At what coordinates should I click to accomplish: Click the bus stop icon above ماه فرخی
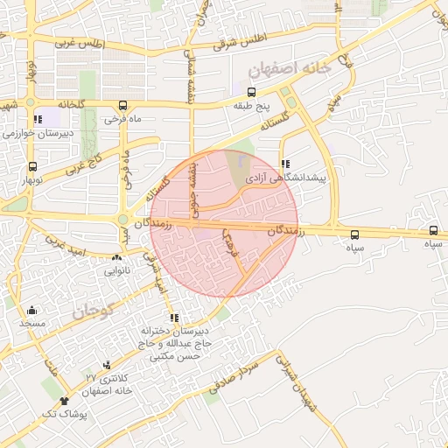pyautogui.click(x=122, y=104)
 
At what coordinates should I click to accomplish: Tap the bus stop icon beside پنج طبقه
pyautogui.click(x=252, y=92)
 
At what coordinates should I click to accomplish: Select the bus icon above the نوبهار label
pyautogui.click(x=33, y=166)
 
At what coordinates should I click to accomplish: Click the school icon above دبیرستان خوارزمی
pyautogui.click(x=37, y=119)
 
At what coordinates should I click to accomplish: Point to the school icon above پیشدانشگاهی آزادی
pyautogui.click(x=285, y=164)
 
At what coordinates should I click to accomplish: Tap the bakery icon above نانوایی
pyautogui.click(x=116, y=258)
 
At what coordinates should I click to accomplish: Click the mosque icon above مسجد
pyautogui.click(x=32, y=310)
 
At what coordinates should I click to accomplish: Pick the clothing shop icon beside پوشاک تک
pyautogui.click(x=64, y=401)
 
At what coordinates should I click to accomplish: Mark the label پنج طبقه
pyautogui.click(x=250, y=106)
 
